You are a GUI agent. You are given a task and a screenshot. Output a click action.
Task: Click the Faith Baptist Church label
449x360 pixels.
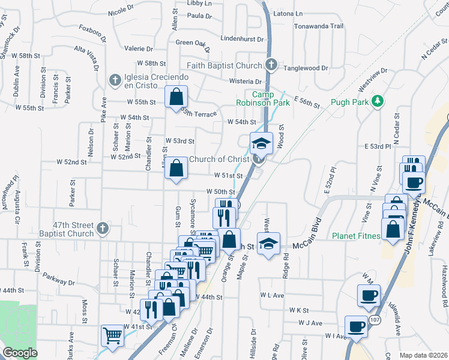coord(224,65)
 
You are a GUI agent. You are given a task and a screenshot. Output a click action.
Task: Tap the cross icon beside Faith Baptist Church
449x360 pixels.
coord(271,64)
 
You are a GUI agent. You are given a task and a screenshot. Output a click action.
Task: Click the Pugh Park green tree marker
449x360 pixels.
coord(378,100)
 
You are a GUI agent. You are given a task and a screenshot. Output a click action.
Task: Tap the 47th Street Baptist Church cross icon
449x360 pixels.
coord(103,228)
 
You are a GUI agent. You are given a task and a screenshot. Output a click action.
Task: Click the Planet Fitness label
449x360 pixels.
coord(357,236)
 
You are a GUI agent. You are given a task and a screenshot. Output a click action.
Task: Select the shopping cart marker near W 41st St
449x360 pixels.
coord(112,335)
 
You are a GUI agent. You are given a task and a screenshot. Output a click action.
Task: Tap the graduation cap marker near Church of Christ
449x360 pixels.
coord(262,143)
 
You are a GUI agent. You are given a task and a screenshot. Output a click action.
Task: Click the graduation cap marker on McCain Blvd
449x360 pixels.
coord(268,244)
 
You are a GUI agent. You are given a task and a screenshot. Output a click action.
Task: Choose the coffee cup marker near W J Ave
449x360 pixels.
coord(357,326)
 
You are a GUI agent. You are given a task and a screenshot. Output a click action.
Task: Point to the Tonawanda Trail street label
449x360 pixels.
coord(318,26)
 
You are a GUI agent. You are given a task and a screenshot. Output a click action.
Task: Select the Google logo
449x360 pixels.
coord(20,353)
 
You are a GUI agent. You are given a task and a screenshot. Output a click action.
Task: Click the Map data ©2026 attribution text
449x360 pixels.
coord(423,355)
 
